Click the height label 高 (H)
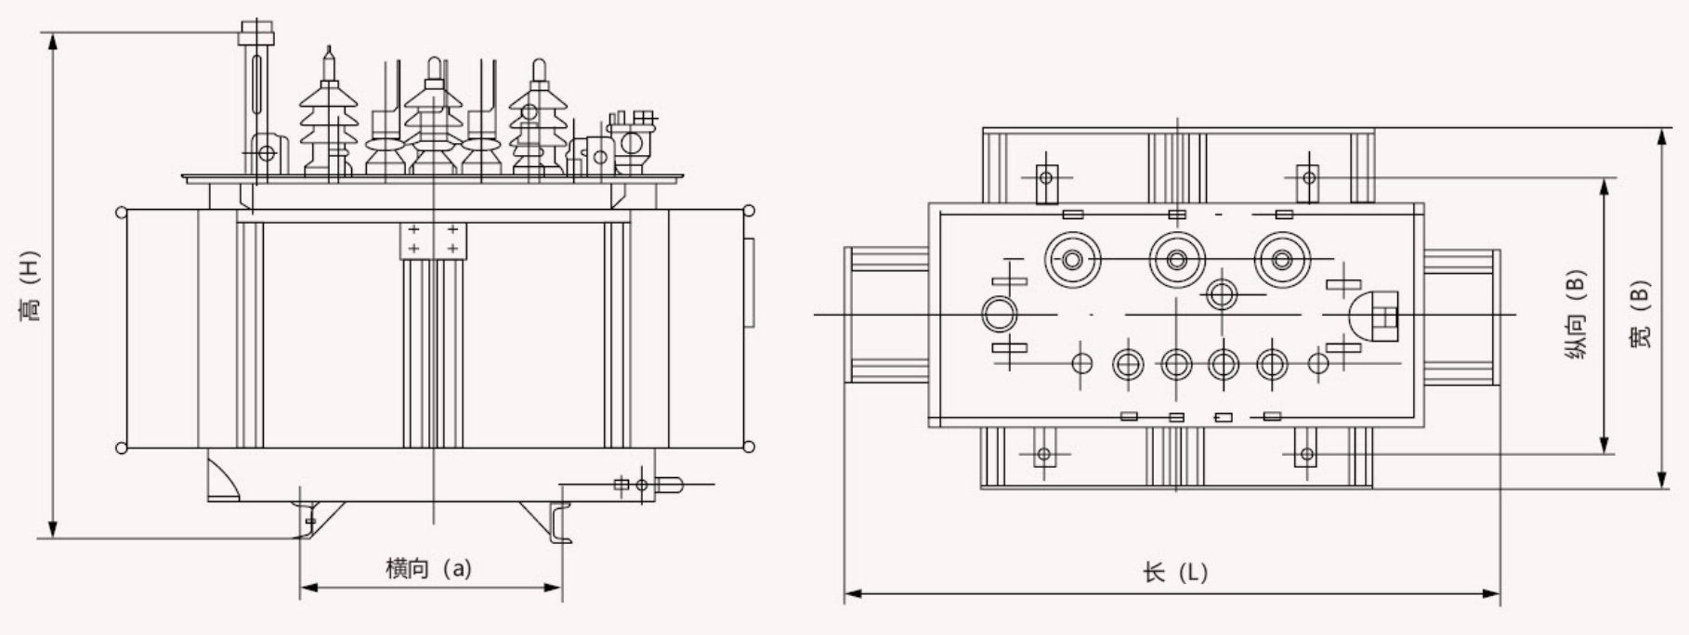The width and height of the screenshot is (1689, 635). click(32, 286)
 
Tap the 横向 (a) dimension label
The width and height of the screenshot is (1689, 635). click(429, 568)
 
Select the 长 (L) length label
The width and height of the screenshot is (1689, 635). click(1175, 572)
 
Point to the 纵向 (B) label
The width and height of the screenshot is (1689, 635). click(1576, 316)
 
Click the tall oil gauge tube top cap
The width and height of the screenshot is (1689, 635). click(256, 33)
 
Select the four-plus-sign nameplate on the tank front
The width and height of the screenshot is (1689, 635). click(433, 239)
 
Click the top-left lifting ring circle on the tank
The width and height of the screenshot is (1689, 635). click(122, 213)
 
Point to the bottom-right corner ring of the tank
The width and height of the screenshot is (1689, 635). click(749, 448)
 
